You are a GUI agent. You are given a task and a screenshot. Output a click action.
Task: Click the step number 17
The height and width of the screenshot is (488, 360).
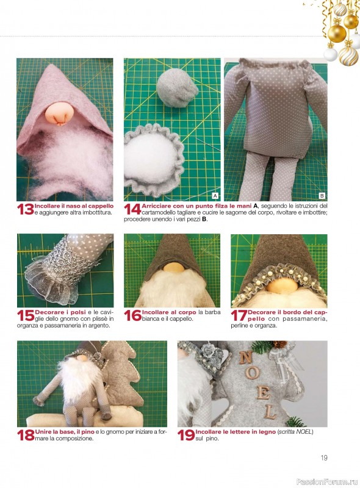239,315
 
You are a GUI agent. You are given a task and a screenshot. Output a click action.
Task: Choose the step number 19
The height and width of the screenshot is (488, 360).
186,435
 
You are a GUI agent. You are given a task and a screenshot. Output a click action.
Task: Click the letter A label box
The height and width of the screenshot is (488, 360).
215,196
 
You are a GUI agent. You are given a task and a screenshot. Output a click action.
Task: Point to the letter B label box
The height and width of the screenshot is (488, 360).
322,196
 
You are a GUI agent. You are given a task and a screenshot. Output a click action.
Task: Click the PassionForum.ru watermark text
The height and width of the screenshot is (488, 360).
327,481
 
